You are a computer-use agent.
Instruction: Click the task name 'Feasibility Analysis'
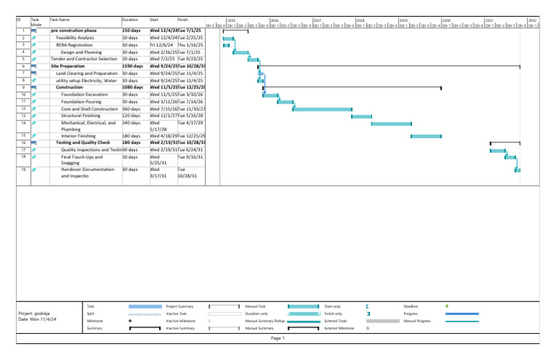pyautogui.click(x=75, y=38)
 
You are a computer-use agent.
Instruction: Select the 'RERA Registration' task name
pyautogui.click(x=72, y=45)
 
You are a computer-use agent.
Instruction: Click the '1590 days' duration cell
pyautogui.click(x=132, y=66)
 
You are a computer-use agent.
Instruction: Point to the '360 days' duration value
pyautogui.click(x=130, y=109)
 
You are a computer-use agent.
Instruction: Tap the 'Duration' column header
pyautogui.click(x=130, y=20)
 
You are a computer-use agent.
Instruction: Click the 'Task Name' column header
pyautogui.click(x=60, y=20)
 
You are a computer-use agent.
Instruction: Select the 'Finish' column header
pyautogui.click(x=183, y=20)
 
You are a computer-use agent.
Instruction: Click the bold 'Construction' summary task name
pyautogui.click(x=69, y=88)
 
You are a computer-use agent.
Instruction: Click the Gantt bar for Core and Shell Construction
pyautogui.click(x=321, y=109)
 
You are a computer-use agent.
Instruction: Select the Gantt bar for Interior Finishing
pyautogui.click(x=426, y=136)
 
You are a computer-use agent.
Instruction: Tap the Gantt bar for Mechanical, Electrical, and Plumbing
pyautogui.click(x=391, y=124)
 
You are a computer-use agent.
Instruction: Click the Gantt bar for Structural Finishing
pyautogui.click(x=361, y=116)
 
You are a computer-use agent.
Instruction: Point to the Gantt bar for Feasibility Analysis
pyautogui.click(x=228, y=38)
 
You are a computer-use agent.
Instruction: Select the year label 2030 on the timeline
pyautogui.click(x=446, y=20)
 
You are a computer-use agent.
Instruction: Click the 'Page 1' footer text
pyautogui.click(x=278, y=338)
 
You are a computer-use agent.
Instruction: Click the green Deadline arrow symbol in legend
pyautogui.click(x=447, y=306)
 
